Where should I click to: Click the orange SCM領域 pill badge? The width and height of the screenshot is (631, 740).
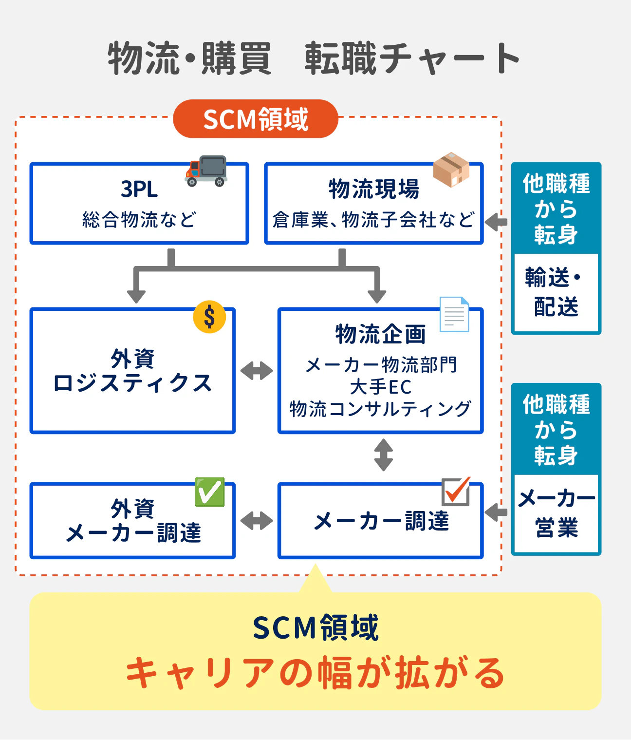click(256, 119)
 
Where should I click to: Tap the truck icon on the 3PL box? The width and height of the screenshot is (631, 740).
click(206, 171)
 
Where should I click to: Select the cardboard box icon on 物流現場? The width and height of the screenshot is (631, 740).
click(451, 170)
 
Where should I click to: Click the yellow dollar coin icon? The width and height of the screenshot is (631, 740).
click(209, 317)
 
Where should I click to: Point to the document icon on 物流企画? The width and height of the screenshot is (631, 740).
click(454, 314)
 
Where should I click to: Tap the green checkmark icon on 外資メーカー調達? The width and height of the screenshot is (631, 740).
click(210, 492)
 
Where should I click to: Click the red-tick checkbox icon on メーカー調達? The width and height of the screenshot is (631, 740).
click(456, 491)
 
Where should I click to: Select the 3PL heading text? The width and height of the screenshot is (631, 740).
click(139, 189)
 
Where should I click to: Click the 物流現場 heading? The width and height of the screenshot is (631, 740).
click(374, 189)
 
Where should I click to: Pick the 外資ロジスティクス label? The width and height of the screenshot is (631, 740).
click(132, 371)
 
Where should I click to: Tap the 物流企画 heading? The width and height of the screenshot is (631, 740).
click(380, 334)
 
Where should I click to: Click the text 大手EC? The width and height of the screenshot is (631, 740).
click(380, 387)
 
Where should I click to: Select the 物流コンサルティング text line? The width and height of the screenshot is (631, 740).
click(380, 409)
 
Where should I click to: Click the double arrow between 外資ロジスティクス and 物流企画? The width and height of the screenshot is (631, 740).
click(257, 371)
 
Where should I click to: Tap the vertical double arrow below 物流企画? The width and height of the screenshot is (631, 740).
click(384, 455)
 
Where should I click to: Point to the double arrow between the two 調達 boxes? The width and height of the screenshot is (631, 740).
click(257, 521)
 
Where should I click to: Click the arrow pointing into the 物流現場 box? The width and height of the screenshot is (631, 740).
click(496, 222)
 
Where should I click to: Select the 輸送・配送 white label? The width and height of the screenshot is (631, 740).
click(556, 292)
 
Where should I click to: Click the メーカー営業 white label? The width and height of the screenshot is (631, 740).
click(556, 513)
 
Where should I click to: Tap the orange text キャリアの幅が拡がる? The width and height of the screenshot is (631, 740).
click(315, 673)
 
